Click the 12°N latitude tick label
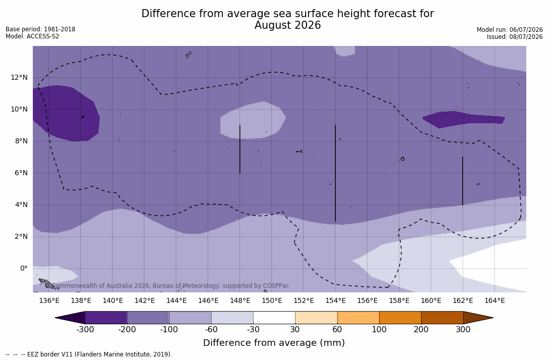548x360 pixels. coord(19,78)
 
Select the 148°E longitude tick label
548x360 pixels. coord(240,300)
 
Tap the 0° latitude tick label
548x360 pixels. coord(23,269)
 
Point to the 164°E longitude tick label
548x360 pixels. coord(494,300)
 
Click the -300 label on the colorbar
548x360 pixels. coord(85,330)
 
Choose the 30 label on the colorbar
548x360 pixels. coord(295,330)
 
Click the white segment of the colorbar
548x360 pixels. coord(274,318)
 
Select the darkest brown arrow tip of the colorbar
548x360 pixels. coord(478,318)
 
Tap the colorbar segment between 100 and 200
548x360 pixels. coord(400,318)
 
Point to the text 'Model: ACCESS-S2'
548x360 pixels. coord(32,36)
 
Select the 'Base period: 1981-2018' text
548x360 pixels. coord(40,29)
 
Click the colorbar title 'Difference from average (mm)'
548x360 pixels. coord(274,342)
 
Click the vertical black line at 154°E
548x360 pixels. coord(335,173)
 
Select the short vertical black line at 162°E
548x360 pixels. coord(462,181)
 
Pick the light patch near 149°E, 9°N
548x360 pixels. coord(253,121)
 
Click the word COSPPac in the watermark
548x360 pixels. coord(276,286)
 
